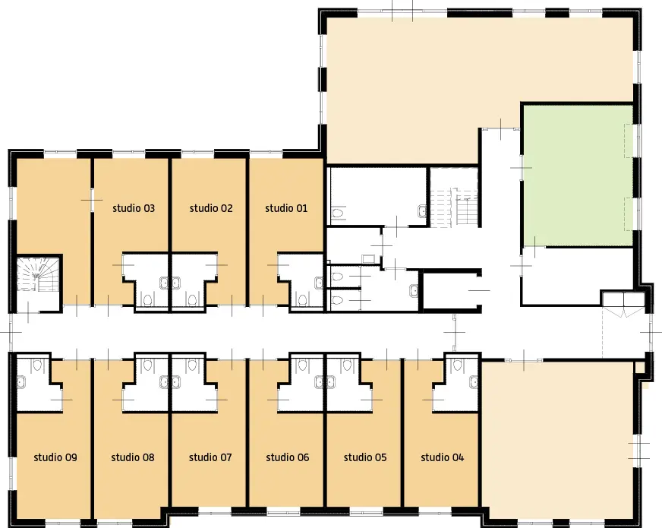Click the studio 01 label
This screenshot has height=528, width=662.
[x=286, y=208]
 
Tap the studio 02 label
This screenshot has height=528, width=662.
[x=211, y=208]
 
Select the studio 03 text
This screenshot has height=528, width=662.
[x=134, y=208]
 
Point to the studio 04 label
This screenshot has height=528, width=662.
[x=443, y=457]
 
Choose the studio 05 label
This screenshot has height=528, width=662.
[x=365, y=457]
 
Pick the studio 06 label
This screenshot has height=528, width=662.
[x=288, y=457]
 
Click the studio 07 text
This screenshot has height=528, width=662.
[x=210, y=457]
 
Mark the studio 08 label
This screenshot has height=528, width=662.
[x=133, y=457]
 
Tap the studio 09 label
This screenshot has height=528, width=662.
[x=55, y=457]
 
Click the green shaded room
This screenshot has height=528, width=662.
[x=578, y=175]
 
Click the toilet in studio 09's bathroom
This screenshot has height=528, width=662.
[x=37, y=365]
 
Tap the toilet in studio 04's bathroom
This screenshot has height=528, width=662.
[x=459, y=365]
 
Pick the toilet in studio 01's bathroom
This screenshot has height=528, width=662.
[x=302, y=300]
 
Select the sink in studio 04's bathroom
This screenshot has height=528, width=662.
[x=474, y=383]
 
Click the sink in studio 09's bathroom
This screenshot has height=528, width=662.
[x=21, y=383]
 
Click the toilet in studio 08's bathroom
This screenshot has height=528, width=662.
[x=147, y=365]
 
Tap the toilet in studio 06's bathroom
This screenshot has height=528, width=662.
[x=302, y=365]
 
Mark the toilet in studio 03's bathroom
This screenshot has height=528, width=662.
[x=147, y=300]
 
